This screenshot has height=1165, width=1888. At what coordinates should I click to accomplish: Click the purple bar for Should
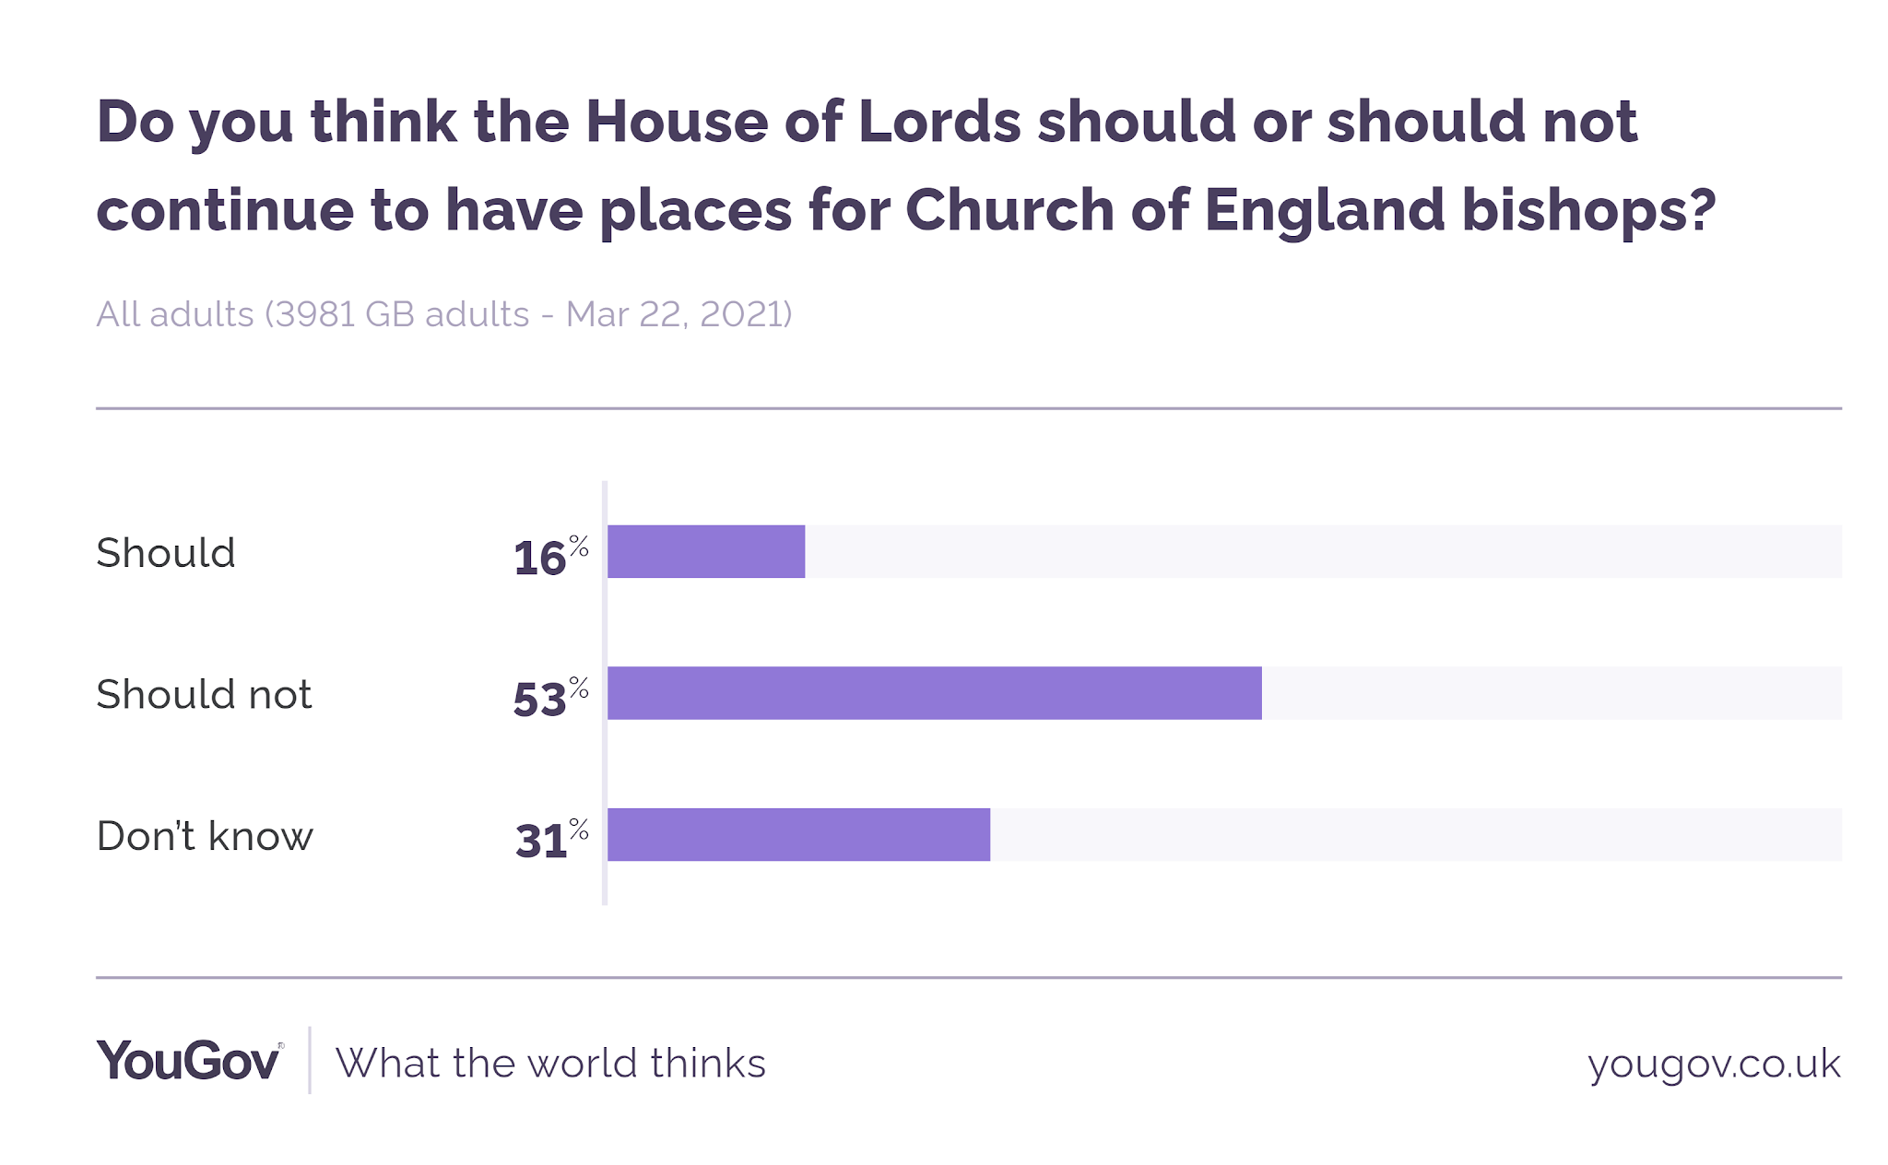706,551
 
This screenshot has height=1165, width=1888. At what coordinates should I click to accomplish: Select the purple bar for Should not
935,693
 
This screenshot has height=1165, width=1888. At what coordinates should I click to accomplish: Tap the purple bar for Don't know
798,835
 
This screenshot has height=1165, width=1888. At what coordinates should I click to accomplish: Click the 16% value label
551,556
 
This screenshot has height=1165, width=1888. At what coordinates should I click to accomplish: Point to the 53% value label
551,697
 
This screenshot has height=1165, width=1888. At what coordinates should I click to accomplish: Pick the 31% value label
551,839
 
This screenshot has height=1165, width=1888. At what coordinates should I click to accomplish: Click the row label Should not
204,694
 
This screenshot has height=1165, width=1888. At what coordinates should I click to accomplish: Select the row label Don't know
205,836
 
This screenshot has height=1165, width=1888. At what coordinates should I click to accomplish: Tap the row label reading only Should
166,553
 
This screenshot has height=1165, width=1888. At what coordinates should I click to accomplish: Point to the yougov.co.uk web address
1714,1065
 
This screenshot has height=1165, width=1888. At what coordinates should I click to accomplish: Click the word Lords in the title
939,122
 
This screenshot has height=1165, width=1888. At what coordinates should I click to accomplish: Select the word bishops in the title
1589,211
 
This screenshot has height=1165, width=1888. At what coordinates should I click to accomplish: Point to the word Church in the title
1010,210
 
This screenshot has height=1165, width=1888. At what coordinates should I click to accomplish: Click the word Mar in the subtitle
596,314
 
